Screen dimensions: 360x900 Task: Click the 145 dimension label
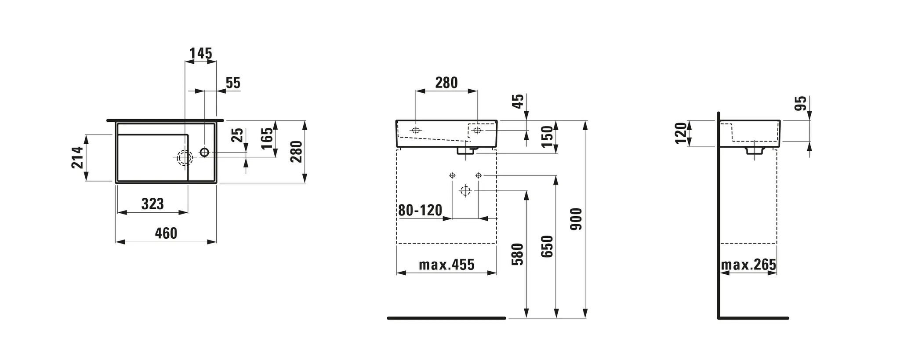point(201,54)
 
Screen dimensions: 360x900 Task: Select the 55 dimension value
point(233,83)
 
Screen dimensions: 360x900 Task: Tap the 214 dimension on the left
point(77,157)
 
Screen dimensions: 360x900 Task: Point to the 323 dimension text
point(152,204)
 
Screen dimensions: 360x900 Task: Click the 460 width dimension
point(166,233)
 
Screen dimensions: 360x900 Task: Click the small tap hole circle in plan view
point(204,152)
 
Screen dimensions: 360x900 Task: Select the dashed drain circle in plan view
point(185,157)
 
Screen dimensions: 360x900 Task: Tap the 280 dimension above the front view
point(446,83)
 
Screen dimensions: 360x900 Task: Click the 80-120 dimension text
point(420,211)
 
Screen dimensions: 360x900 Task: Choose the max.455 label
point(446,265)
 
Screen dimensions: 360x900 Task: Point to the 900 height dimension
point(576,219)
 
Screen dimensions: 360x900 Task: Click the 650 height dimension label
point(547,246)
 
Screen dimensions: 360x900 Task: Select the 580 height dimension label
point(518,254)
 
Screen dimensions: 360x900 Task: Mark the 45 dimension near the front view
point(519,102)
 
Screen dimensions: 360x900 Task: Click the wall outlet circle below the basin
point(465,191)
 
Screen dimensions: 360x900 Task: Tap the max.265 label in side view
point(748,265)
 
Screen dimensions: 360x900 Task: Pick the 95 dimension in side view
point(802,103)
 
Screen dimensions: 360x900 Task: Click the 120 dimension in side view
point(681,133)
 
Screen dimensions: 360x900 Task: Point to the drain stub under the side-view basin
point(754,150)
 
